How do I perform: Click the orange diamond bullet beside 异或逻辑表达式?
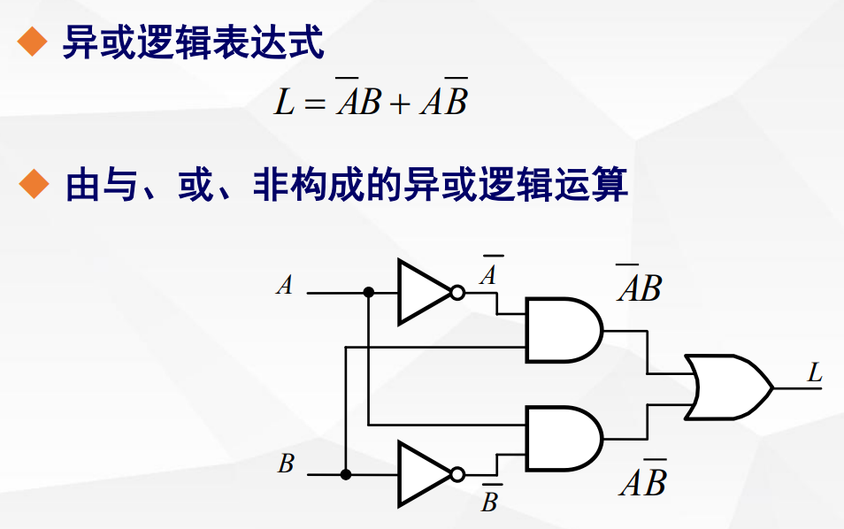32,41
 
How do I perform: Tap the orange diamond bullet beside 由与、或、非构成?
32,184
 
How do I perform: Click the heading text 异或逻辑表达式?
193,42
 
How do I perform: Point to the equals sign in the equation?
314,104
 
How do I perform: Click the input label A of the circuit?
284,286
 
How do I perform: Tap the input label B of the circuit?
285,464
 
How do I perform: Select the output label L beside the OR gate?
815,373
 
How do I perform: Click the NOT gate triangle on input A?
421,292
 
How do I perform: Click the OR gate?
725,387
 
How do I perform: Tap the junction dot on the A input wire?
368,292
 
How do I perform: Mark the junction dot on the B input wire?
346,475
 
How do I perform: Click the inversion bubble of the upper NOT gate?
457,293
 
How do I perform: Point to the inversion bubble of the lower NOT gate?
457,475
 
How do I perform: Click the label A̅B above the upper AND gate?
639,286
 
